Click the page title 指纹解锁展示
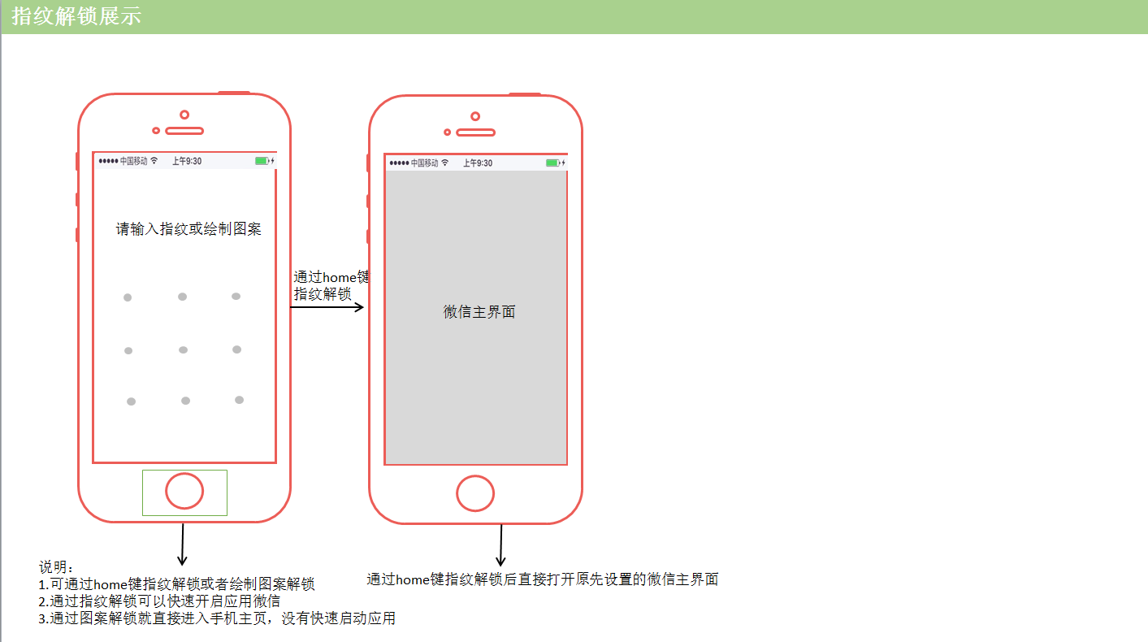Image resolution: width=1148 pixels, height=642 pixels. (76, 16)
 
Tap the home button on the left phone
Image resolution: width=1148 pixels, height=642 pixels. (184, 491)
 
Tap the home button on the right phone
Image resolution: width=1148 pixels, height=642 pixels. (475, 493)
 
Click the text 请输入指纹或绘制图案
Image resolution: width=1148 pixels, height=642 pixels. (188, 229)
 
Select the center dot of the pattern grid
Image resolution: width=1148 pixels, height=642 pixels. (183, 349)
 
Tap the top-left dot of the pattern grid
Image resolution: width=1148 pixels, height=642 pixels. (128, 297)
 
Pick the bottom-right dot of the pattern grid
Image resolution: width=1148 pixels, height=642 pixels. (239, 400)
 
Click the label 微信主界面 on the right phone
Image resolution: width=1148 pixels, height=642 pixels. (479, 312)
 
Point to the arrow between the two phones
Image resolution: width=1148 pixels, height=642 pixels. (327, 307)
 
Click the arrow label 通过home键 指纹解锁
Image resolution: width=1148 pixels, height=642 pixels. (329, 285)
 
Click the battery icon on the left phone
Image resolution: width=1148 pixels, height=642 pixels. (262, 161)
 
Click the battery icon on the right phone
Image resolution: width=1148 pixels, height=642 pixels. (553, 163)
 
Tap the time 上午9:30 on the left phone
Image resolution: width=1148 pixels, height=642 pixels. (187, 161)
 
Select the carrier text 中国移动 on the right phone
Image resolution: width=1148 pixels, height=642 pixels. (424, 163)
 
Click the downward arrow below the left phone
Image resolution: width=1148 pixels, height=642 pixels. (183, 544)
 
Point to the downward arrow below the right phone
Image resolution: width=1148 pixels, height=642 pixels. (500, 545)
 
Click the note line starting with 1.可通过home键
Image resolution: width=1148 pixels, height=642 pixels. (176, 583)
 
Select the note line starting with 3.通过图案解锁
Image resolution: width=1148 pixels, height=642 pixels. (217, 618)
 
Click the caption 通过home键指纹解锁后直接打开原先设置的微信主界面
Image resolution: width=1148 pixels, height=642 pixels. (542, 579)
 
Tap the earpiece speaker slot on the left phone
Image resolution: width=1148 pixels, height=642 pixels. (184, 130)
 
